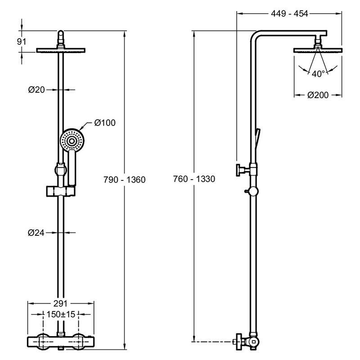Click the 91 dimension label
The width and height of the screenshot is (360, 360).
21,41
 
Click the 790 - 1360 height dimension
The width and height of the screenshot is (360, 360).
124,180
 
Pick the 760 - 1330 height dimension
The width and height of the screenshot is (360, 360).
194,179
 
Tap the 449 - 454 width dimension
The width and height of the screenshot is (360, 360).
289,13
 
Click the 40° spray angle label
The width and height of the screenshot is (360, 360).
318,74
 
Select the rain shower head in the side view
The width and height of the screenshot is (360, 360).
318,50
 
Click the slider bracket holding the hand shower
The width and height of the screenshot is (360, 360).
59,191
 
